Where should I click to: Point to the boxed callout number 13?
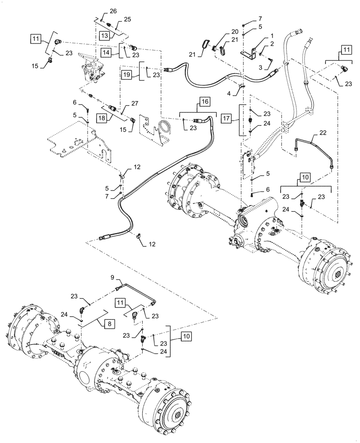(104, 35)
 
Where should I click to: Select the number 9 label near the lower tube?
(112, 278)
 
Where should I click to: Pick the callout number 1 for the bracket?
(259, 35)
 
